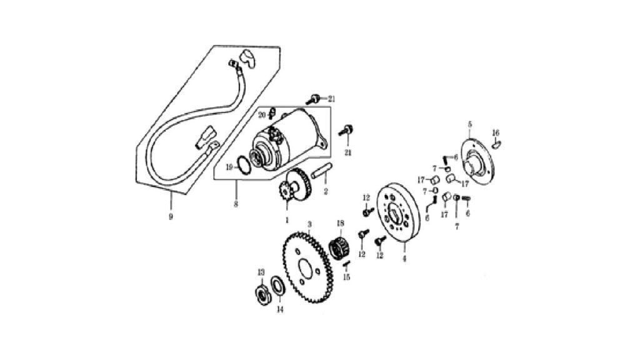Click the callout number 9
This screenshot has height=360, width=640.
(x=171, y=217)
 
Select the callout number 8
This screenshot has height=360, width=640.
(x=236, y=204)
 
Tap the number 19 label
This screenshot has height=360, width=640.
(x=230, y=167)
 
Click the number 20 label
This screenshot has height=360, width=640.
(x=262, y=115)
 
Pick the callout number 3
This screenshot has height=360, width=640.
(x=310, y=224)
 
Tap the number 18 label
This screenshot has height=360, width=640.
(x=341, y=223)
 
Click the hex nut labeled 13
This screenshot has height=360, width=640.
(x=261, y=292)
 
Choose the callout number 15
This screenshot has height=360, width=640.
(x=346, y=277)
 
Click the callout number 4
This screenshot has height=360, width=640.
(x=404, y=259)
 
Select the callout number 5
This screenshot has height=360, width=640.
(x=470, y=124)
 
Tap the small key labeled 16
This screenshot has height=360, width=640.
(x=496, y=144)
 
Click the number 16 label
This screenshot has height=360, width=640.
(x=496, y=132)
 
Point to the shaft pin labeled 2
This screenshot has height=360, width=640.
(x=322, y=170)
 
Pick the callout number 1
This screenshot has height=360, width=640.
(x=287, y=220)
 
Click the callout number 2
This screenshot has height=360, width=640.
(x=326, y=191)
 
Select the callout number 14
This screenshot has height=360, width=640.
(x=280, y=310)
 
